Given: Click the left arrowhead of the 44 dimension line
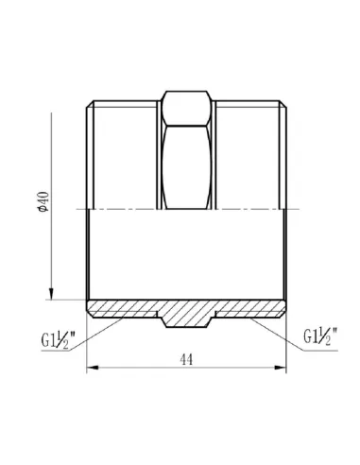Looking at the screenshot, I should (x=93, y=367).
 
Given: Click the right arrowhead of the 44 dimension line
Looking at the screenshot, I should (x=284, y=367).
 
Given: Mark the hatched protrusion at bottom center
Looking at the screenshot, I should (x=188, y=319).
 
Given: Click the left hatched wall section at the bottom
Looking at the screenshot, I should (x=123, y=307).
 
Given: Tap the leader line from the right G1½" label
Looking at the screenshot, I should (x=269, y=327).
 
